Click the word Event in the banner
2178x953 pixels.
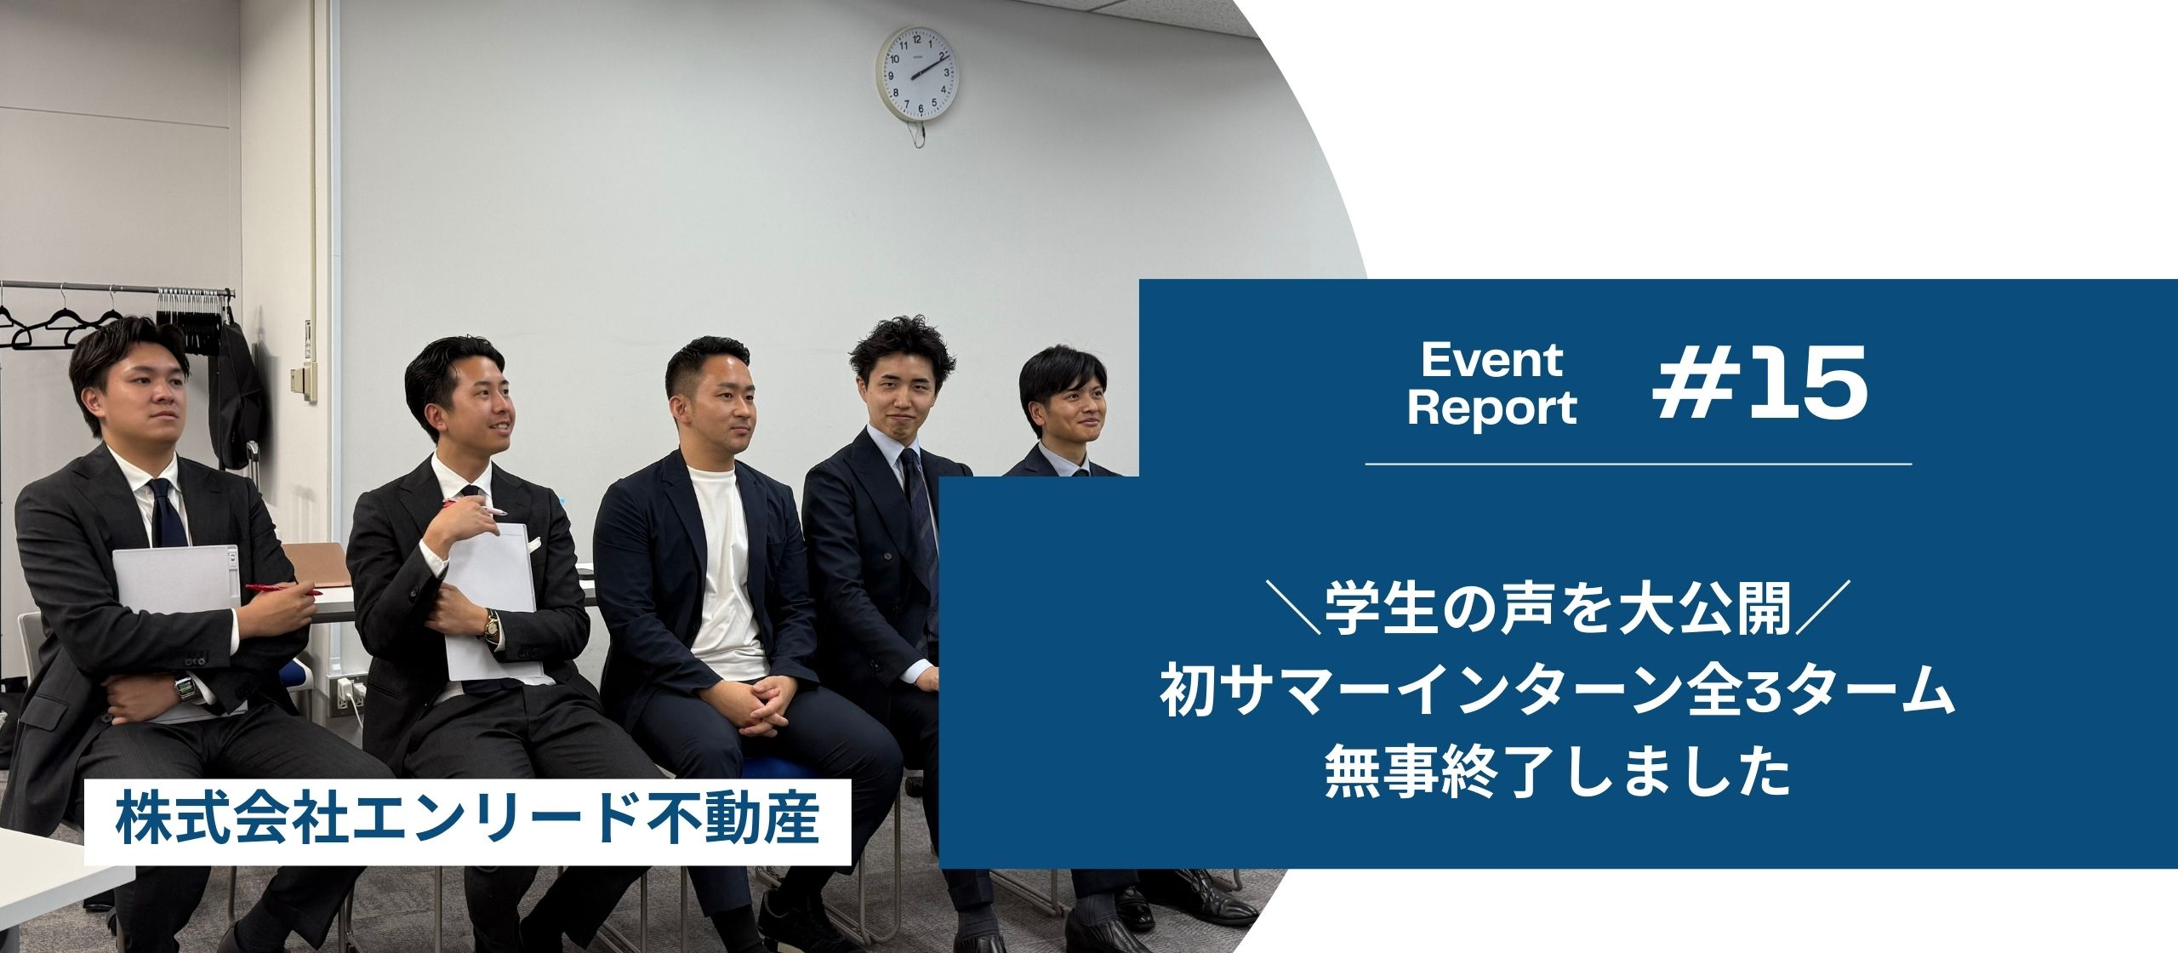tap(1491, 361)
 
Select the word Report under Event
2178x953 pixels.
tap(1491, 408)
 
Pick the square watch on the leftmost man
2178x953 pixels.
tap(183, 686)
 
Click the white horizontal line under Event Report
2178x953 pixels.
tap(1638, 464)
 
